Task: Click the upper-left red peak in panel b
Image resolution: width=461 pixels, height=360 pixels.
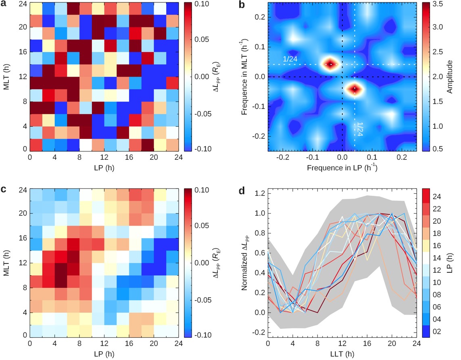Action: (330, 64)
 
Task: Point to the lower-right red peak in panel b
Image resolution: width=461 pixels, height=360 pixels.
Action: (355, 89)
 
